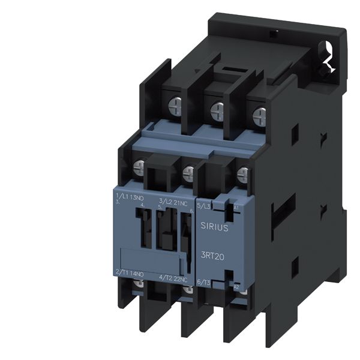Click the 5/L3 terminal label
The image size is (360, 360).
[205, 206]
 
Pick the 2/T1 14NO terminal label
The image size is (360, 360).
[128, 271]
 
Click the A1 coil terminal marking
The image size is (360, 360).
[236, 207]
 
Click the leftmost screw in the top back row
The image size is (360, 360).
[176, 104]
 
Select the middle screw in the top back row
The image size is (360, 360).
[217, 109]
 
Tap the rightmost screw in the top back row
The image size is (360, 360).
[259, 113]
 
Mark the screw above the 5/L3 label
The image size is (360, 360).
[242, 175]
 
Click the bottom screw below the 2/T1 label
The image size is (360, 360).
[139, 284]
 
